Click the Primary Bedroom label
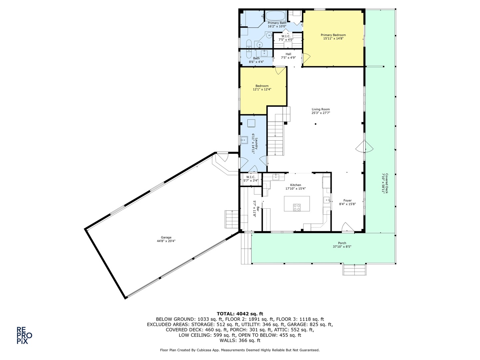click(333, 35)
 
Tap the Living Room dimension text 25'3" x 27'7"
click(321, 113)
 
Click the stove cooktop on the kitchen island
click(297, 207)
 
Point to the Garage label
click(166, 238)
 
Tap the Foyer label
click(347, 201)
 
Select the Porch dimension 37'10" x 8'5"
click(342, 247)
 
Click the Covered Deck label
click(386, 183)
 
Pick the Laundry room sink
click(244, 140)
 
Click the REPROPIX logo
click(24, 335)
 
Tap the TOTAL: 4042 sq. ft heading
click(240, 314)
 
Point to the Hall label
click(288, 54)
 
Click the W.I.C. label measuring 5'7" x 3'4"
click(251, 177)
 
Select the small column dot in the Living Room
click(315, 124)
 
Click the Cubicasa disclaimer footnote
click(240, 350)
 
